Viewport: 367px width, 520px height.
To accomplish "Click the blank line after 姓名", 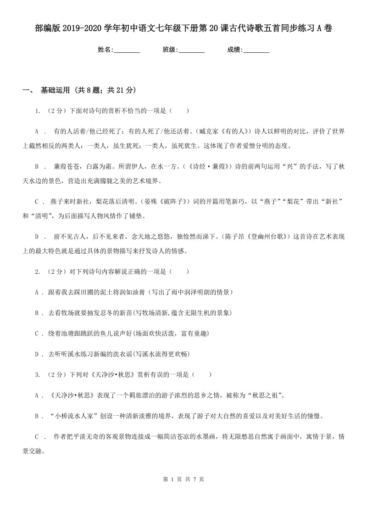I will (x=127, y=50).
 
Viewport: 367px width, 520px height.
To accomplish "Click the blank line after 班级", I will (x=191, y=50).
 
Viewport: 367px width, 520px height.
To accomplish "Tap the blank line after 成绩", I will (x=256, y=50).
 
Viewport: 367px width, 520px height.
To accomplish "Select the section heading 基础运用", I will (x=56, y=90).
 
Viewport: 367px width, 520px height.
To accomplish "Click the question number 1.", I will (x=37, y=111).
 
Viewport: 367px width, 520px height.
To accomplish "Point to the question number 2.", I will (x=37, y=271).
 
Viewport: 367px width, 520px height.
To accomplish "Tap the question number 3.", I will (x=37, y=374).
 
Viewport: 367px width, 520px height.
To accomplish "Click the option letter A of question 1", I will (x=37, y=131).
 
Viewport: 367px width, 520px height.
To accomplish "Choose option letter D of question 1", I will (x=37, y=237).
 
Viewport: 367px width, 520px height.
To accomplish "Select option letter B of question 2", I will (x=37, y=313).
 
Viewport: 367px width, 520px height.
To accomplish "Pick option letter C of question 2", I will (x=37, y=333).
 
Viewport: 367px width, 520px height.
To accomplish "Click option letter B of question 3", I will (x=37, y=416).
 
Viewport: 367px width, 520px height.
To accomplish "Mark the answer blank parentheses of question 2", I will (x=179, y=271).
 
